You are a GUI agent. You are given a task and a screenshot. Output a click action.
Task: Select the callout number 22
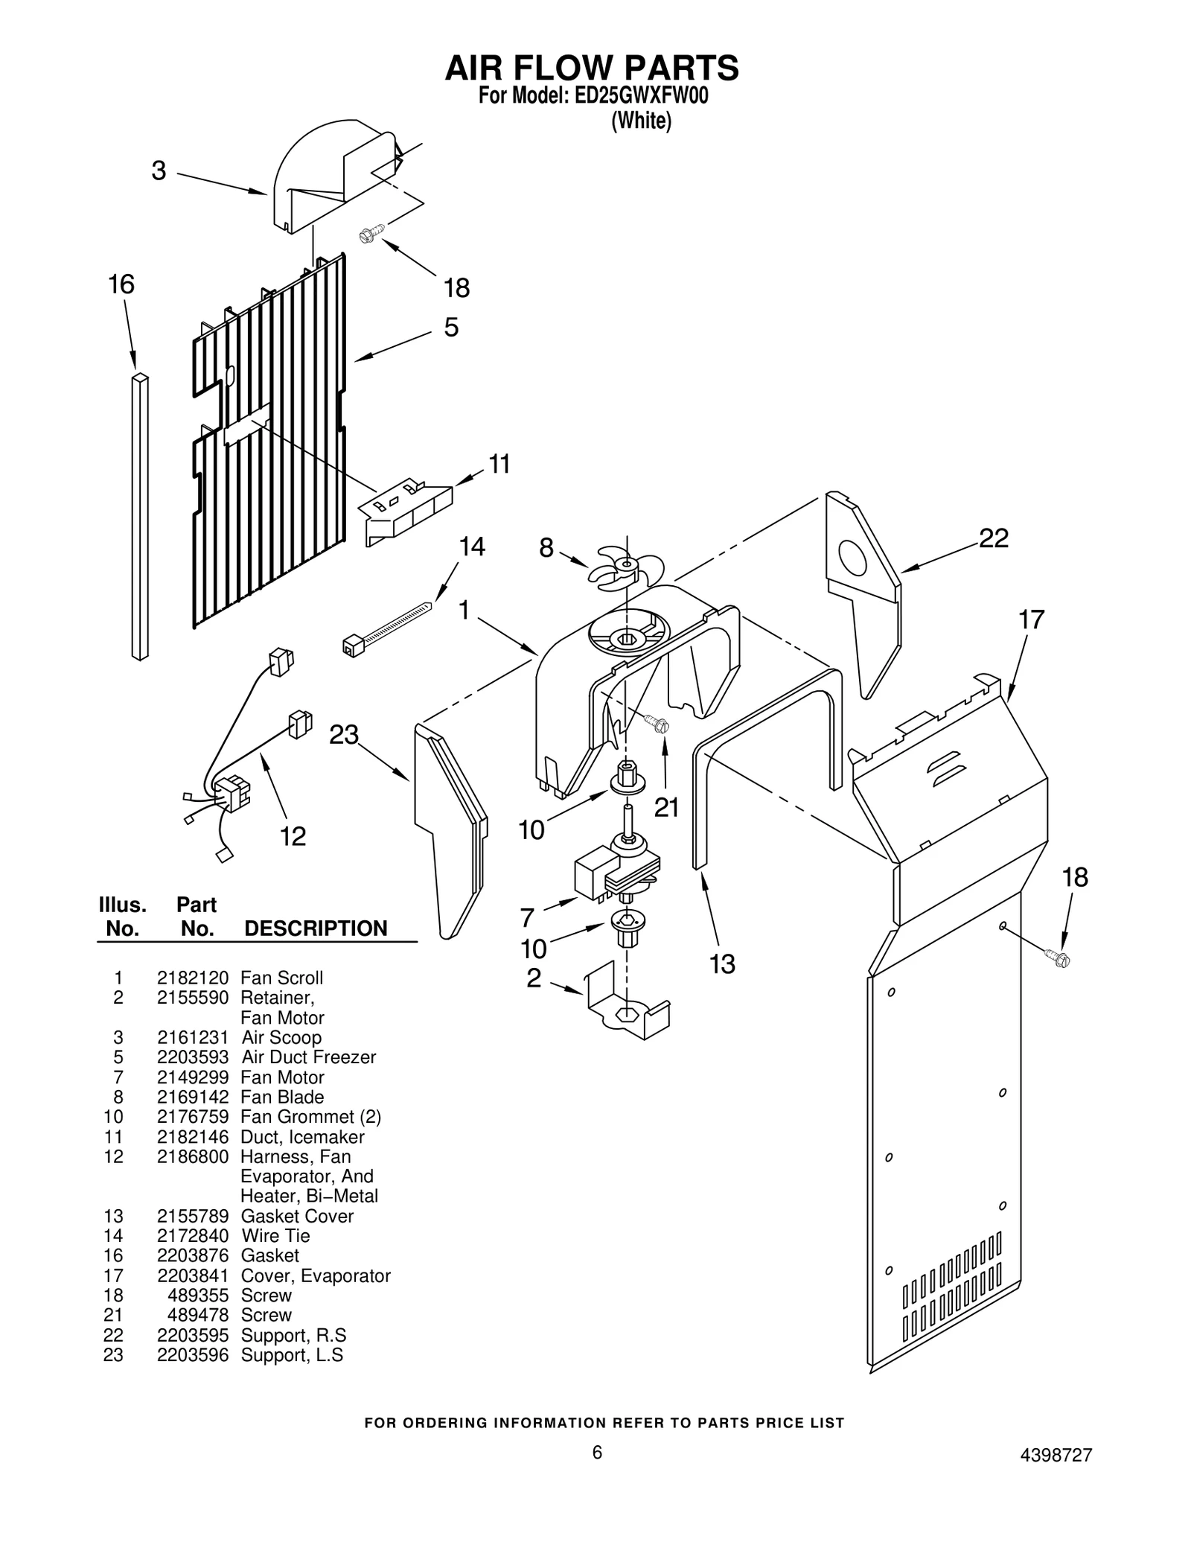pyautogui.click(x=993, y=538)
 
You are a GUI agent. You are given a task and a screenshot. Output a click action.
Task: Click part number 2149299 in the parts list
pyautogui.click(x=192, y=1077)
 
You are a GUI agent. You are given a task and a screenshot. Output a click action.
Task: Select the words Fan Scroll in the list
pyautogui.click(x=281, y=978)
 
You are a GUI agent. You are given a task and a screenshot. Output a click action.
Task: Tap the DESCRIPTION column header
pyautogui.click(x=316, y=928)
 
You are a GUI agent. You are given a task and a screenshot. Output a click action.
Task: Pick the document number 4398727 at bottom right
pyautogui.click(x=1056, y=1476)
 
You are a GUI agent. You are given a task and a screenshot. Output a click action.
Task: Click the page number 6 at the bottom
pyautogui.click(x=596, y=1473)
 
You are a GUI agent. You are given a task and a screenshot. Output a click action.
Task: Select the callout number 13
pyautogui.click(x=721, y=964)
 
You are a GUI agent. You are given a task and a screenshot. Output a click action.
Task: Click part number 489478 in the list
pyautogui.click(x=198, y=1315)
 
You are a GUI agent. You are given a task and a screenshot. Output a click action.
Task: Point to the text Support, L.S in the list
pyautogui.click(x=292, y=1355)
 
